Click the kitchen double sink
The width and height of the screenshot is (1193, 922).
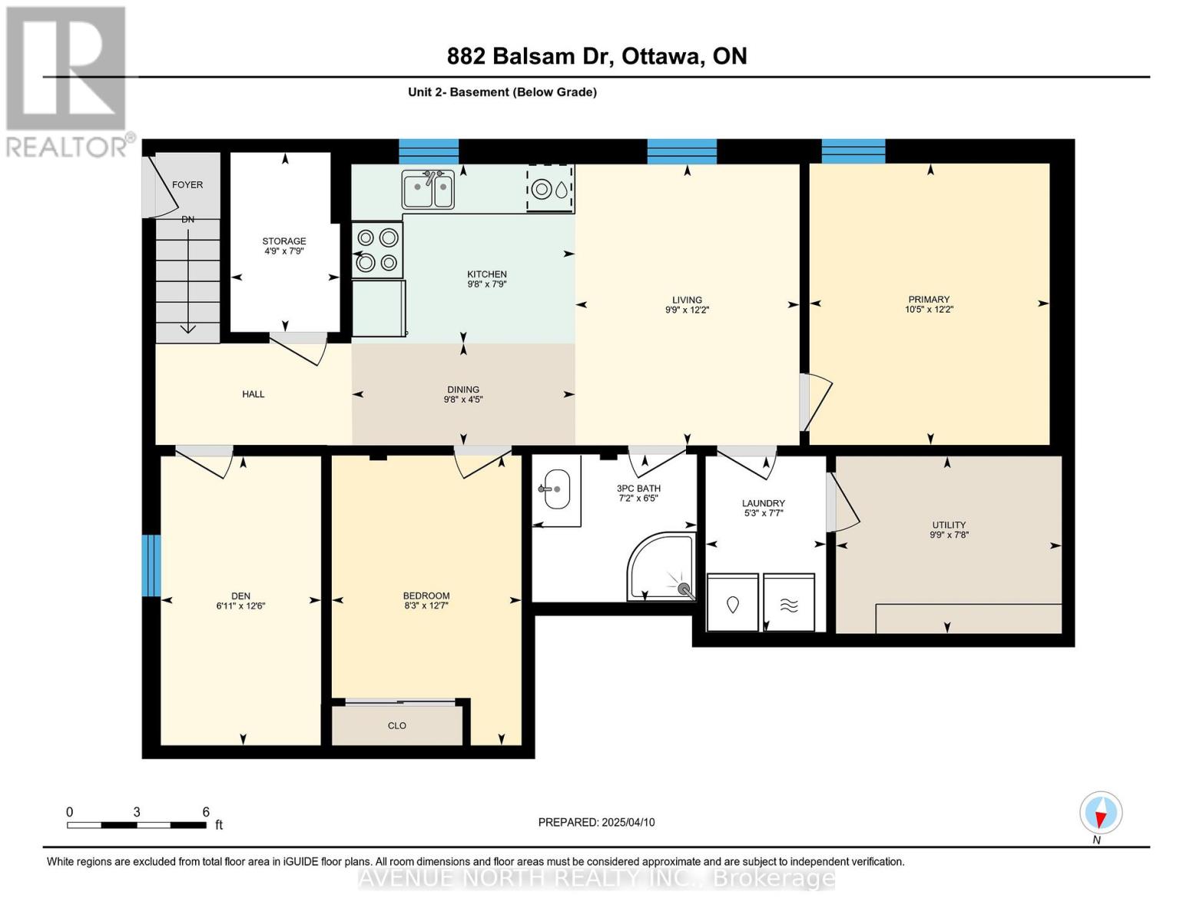pyautogui.click(x=428, y=189)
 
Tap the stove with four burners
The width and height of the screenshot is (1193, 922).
pyautogui.click(x=376, y=250)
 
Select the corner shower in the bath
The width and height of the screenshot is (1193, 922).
pyautogui.click(x=661, y=566)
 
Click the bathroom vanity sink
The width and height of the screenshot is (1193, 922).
pyautogui.click(x=557, y=489)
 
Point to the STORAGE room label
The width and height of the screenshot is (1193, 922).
pyautogui.click(x=283, y=241)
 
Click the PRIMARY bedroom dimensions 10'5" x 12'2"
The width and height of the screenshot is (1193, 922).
pyautogui.click(x=929, y=309)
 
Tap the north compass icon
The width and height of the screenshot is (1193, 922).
pyautogui.click(x=1101, y=812)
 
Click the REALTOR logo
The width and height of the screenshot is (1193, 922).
pyautogui.click(x=67, y=81)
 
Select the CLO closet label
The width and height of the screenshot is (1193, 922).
pyautogui.click(x=397, y=725)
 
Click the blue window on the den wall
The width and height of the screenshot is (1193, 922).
pyautogui.click(x=151, y=565)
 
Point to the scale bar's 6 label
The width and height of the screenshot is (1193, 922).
pyautogui.click(x=206, y=811)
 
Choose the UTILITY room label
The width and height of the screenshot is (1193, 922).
pyautogui.click(x=949, y=525)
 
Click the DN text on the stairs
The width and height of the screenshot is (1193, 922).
pyautogui.click(x=188, y=219)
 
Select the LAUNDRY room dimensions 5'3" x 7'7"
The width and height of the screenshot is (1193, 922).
pyautogui.click(x=764, y=513)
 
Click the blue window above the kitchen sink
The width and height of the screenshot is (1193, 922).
pyautogui.click(x=428, y=151)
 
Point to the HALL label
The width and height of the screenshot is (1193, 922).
pyautogui.click(x=253, y=393)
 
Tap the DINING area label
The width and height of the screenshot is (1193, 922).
pyautogui.click(x=463, y=390)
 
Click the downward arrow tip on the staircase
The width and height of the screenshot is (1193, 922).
pyautogui.click(x=188, y=332)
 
